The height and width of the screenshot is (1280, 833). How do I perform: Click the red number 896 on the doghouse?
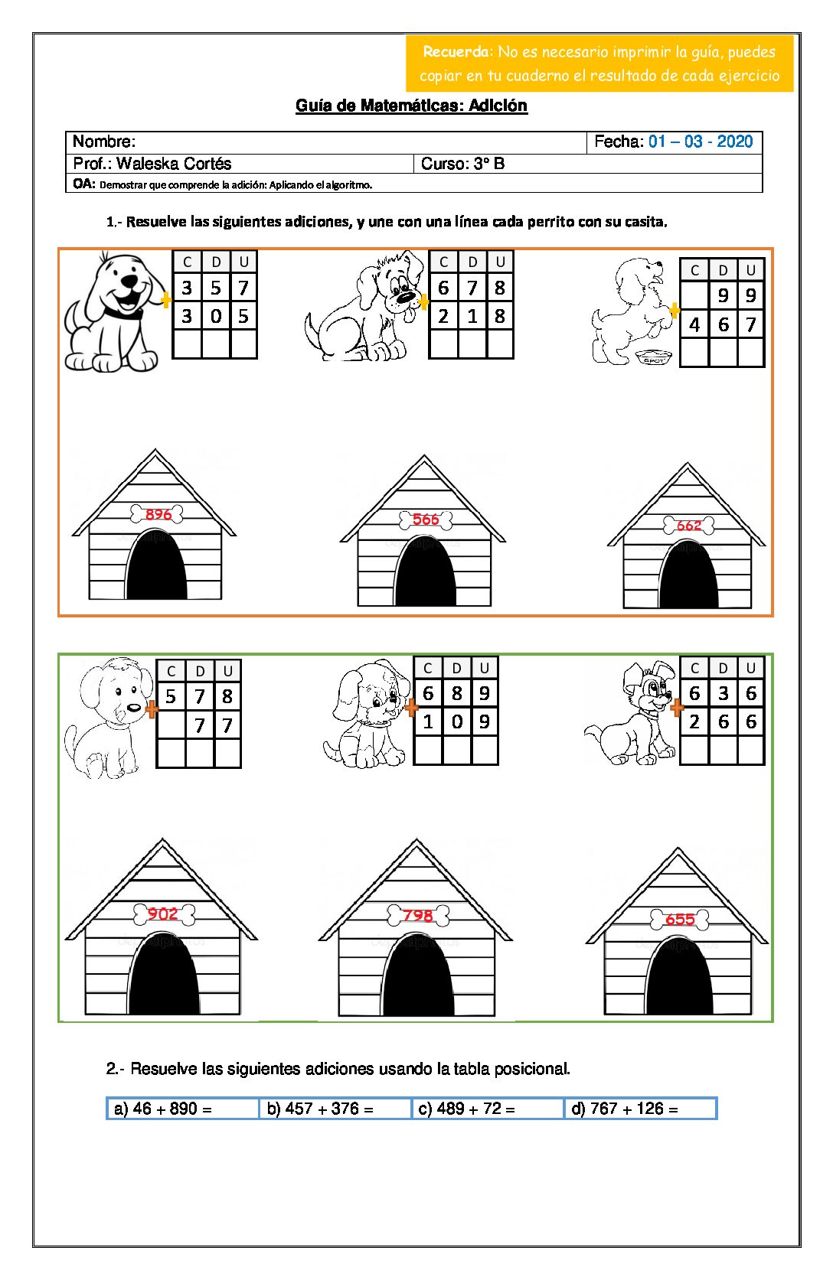[158, 514]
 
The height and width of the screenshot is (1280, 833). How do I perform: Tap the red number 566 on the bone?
[426, 519]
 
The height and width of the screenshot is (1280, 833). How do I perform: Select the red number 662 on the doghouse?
[689, 525]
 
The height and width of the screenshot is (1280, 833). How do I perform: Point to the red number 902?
[163, 914]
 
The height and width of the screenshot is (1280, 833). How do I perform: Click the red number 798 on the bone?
[418, 915]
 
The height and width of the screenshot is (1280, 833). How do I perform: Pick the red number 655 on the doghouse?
[680, 920]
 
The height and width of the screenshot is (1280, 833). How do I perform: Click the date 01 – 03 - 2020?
[701, 142]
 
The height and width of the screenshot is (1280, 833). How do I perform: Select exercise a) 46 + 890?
[163, 1109]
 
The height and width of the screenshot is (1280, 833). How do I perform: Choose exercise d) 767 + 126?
[625, 1109]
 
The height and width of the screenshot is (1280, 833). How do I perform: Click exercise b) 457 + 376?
[320, 1109]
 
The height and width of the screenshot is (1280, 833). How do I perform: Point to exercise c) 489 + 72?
[467, 1109]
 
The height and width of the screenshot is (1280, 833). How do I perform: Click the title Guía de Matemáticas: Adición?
[411, 106]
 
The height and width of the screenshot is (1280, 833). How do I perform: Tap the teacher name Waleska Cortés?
[174, 164]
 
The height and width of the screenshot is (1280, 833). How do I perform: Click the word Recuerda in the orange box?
[456, 52]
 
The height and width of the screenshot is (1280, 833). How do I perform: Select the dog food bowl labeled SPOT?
[654, 358]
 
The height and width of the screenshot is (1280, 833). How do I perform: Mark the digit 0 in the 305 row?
[216, 316]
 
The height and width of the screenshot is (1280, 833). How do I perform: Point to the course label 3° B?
[488, 164]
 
